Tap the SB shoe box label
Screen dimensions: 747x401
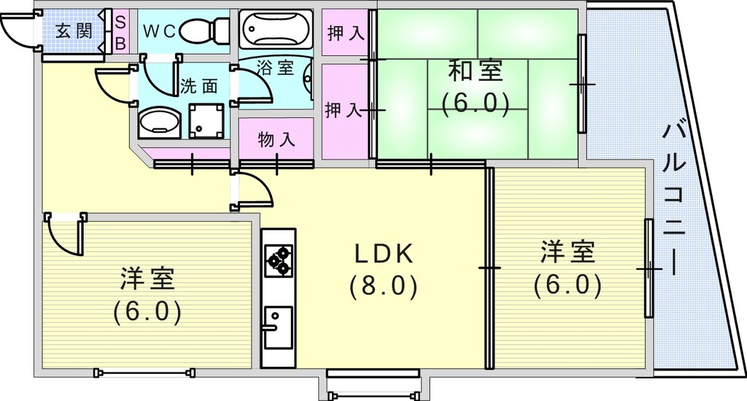pyautogui.click(x=120, y=33)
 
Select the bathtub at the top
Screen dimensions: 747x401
pyautogui.click(x=276, y=28)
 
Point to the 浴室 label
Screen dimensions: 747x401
pyautogui.click(x=275, y=67)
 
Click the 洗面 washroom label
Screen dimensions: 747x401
pyautogui.click(x=199, y=86)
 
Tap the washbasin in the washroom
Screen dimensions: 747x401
pyautogui.click(x=160, y=122)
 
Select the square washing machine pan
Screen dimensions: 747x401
pyautogui.click(x=206, y=121)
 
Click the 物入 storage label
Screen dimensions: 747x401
pyautogui.click(x=276, y=140)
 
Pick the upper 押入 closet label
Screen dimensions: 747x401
pyautogui.click(x=346, y=34)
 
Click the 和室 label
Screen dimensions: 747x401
pyautogui.click(x=476, y=71)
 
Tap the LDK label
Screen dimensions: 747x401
pyautogui.click(x=384, y=254)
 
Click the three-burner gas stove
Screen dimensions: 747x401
pyautogui.click(x=279, y=260)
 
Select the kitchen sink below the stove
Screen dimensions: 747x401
pyautogui.click(x=278, y=327)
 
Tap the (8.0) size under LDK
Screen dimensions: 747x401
pyautogui.click(x=384, y=287)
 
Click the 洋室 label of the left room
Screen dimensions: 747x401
pyautogui.click(x=147, y=279)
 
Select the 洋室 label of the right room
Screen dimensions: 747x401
pyautogui.click(x=568, y=252)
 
